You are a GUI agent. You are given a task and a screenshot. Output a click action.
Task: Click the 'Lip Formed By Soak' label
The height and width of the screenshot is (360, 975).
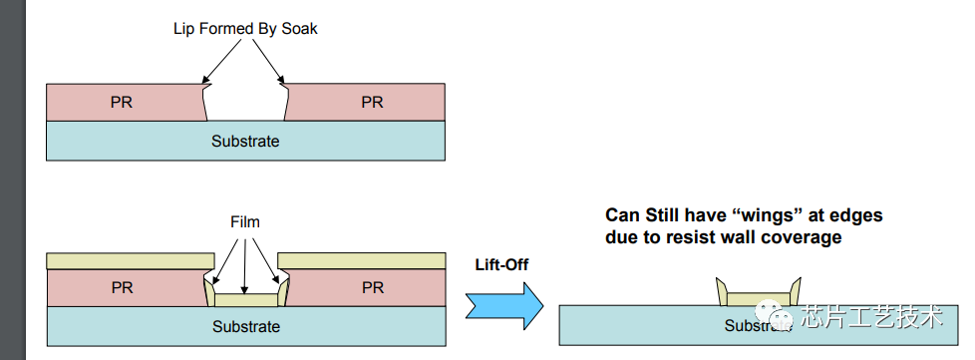pos(245,29)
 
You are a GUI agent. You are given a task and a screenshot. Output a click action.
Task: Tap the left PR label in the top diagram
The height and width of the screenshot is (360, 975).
pos(122,102)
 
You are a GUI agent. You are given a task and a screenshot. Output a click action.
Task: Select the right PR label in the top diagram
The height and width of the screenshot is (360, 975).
pos(373,102)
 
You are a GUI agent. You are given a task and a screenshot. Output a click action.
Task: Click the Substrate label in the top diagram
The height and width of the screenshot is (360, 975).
pos(245,142)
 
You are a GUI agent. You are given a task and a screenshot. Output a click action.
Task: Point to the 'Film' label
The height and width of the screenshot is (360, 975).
pos(245,222)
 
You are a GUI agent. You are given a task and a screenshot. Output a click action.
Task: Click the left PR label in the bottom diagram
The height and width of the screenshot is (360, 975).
pos(122,288)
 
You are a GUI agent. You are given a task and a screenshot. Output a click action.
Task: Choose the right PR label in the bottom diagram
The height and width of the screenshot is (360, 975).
pos(373,288)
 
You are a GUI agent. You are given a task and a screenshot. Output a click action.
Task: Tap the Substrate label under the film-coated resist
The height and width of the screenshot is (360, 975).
pos(246,326)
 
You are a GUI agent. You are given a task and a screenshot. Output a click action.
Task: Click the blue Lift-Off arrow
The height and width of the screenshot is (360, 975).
pos(504,306)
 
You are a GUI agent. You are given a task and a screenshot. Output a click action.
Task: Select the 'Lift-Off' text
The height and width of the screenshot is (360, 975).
pos(501,265)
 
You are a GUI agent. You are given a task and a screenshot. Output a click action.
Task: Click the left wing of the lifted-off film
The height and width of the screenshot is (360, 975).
pos(723,291)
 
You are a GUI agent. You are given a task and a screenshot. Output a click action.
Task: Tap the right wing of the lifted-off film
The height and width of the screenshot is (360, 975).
pos(795,291)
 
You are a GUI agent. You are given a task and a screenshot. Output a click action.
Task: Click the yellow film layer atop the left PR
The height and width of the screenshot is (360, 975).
pos(131,260)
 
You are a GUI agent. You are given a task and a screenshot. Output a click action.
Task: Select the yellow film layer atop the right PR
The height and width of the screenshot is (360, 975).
pos(362,260)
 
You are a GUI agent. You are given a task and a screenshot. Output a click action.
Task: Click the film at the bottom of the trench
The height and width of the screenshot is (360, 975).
pos(245,300)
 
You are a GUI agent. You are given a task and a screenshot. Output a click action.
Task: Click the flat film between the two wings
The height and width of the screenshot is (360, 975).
pos(759,299)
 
